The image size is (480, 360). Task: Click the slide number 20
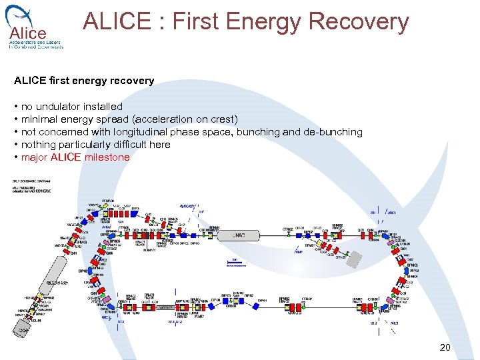pyautogui.click(x=445, y=347)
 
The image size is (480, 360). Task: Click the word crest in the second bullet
pyautogui.click(x=220, y=119)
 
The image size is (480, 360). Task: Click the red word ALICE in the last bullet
pyautogui.click(x=65, y=157)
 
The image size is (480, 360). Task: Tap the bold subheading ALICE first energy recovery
pyautogui.click(x=84, y=81)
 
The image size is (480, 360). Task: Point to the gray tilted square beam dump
pyautogui.click(x=359, y=259)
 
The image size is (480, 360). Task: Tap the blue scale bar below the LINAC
pyautogui.click(x=235, y=265)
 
